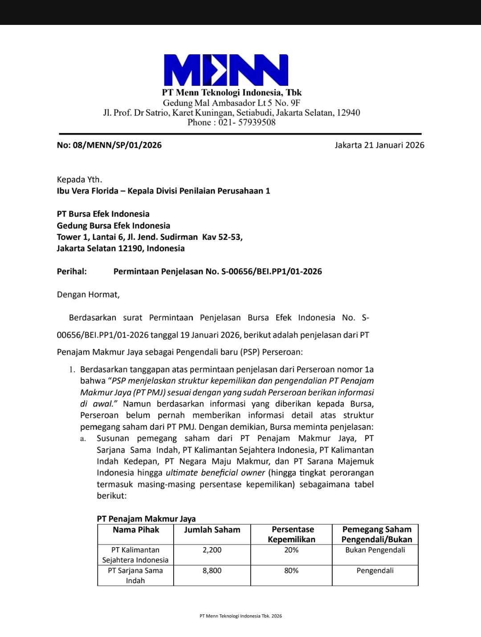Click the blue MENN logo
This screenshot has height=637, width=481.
pyautogui.click(x=226, y=70)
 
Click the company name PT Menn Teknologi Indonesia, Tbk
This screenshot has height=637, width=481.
pyautogui.click(x=232, y=93)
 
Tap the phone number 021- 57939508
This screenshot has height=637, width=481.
pyautogui.click(x=247, y=122)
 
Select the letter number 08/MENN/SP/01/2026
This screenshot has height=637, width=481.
pyautogui.click(x=117, y=145)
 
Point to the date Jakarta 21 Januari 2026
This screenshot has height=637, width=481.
pyautogui.click(x=379, y=145)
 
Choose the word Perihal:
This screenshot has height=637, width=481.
pyautogui.click(x=72, y=271)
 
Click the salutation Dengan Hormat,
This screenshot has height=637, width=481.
pyautogui.click(x=88, y=294)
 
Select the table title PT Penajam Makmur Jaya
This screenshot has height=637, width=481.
pyautogui.click(x=146, y=519)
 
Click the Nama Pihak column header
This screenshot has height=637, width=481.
pyautogui.click(x=136, y=530)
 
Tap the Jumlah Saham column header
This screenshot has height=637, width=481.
pyautogui.click(x=212, y=530)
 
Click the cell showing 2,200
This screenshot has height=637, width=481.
pyautogui.click(x=212, y=550)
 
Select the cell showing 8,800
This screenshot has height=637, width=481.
pyautogui.click(x=212, y=571)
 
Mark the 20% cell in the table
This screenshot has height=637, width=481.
pyautogui.click(x=291, y=550)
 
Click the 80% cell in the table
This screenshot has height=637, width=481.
pyautogui.click(x=291, y=571)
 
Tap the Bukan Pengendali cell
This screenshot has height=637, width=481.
pyautogui.click(x=375, y=550)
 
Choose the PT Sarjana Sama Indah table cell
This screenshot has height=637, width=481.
pyautogui.click(x=135, y=576)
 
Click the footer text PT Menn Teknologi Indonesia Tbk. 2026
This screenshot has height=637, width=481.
pyautogui.click(x=240, y=616)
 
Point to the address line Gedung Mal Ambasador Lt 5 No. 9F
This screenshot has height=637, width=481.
pyautogui.click(x=232, y=103)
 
